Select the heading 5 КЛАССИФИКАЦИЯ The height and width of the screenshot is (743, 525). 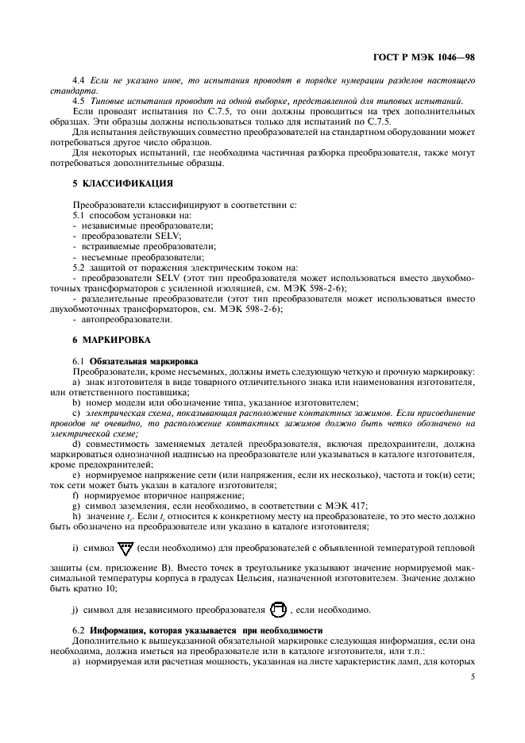pyautogui.click(x=123, y=183)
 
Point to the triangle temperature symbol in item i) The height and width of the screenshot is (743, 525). pyautogui.click(x=124, y=548)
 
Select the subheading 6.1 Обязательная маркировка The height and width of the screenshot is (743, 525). pyautogui.click(x=136, y=360)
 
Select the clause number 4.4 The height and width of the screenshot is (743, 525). pyautogui.click(x=79, y=81)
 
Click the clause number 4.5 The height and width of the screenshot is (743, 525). pyautogui.click(x=79, y=101)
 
